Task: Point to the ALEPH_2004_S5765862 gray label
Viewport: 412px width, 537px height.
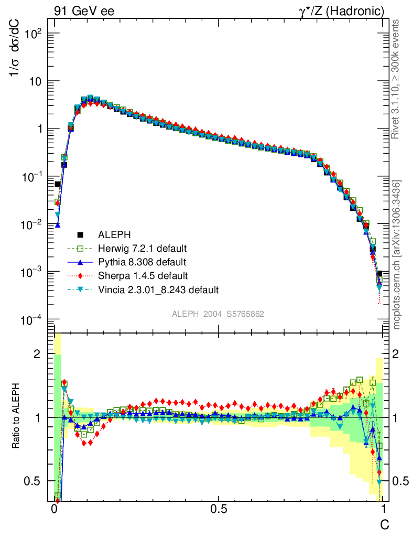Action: [x=218, y=314]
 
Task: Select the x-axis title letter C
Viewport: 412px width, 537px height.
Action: [x=384, y=523]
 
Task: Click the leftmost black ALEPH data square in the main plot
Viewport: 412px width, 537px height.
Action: [x=58, y=184]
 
